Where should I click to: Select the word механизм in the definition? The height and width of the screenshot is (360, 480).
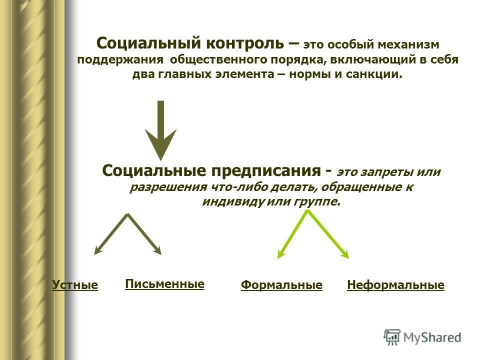coord(408,44)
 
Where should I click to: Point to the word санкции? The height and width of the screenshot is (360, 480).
coord(374,74)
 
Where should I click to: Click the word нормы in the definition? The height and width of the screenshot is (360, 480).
coord(308,74)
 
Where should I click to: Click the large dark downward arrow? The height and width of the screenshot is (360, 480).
coord(160,130)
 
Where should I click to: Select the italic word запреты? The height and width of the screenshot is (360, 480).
coord(386,172)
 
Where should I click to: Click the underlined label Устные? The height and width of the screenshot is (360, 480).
coord(75,284)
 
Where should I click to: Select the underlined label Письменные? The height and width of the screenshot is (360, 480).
coord(164,284)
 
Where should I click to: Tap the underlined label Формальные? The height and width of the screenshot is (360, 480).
coord(281,285)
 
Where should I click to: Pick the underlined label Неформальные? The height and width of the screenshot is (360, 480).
coord(395,285)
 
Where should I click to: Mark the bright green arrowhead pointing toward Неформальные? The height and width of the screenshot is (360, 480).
coord(346,254)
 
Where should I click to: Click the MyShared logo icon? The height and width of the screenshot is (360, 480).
coord(392,337)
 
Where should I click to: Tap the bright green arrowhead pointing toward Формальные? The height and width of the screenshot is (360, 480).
coord(280,254)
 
